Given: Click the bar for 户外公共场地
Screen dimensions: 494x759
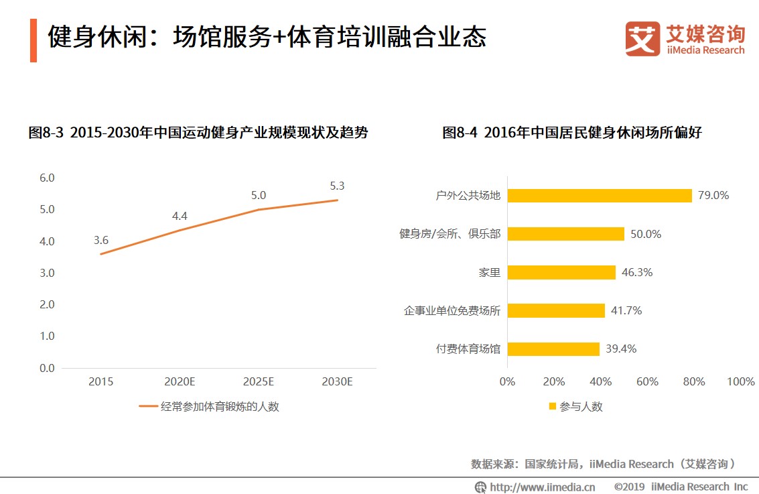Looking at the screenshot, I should (x=600, y=195).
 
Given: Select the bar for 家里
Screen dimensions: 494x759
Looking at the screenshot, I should (x=561, y=272).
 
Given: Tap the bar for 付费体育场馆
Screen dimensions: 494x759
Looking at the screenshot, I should (x=553, y=349).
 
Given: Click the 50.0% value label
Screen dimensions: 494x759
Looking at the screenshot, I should (x=646, y=234).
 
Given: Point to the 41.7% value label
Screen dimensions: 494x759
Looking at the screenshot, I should (x=626, y=310).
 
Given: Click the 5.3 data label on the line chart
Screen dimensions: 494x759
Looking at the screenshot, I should (x=337, y=186).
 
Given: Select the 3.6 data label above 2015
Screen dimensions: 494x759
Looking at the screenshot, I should (x=101, y=240).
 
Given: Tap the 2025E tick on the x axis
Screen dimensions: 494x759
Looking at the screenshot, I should (x=258, y=382).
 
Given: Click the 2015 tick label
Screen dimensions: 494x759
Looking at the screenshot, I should (x=101, y=382).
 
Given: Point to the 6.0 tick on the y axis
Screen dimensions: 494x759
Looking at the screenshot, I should (x=47, y=178).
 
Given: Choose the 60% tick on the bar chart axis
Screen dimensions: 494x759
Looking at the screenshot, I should (x=647, y=381).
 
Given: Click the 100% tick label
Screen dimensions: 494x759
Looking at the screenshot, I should (x=740, y=381).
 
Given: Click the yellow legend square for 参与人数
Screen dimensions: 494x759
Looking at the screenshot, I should (x=553, y=406).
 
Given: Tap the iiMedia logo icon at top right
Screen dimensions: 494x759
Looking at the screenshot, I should (x=642, y=39).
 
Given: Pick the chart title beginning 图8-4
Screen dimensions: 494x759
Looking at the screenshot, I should (x=571, y=133).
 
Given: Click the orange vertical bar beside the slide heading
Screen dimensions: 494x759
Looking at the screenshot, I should (x=33, y=41).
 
